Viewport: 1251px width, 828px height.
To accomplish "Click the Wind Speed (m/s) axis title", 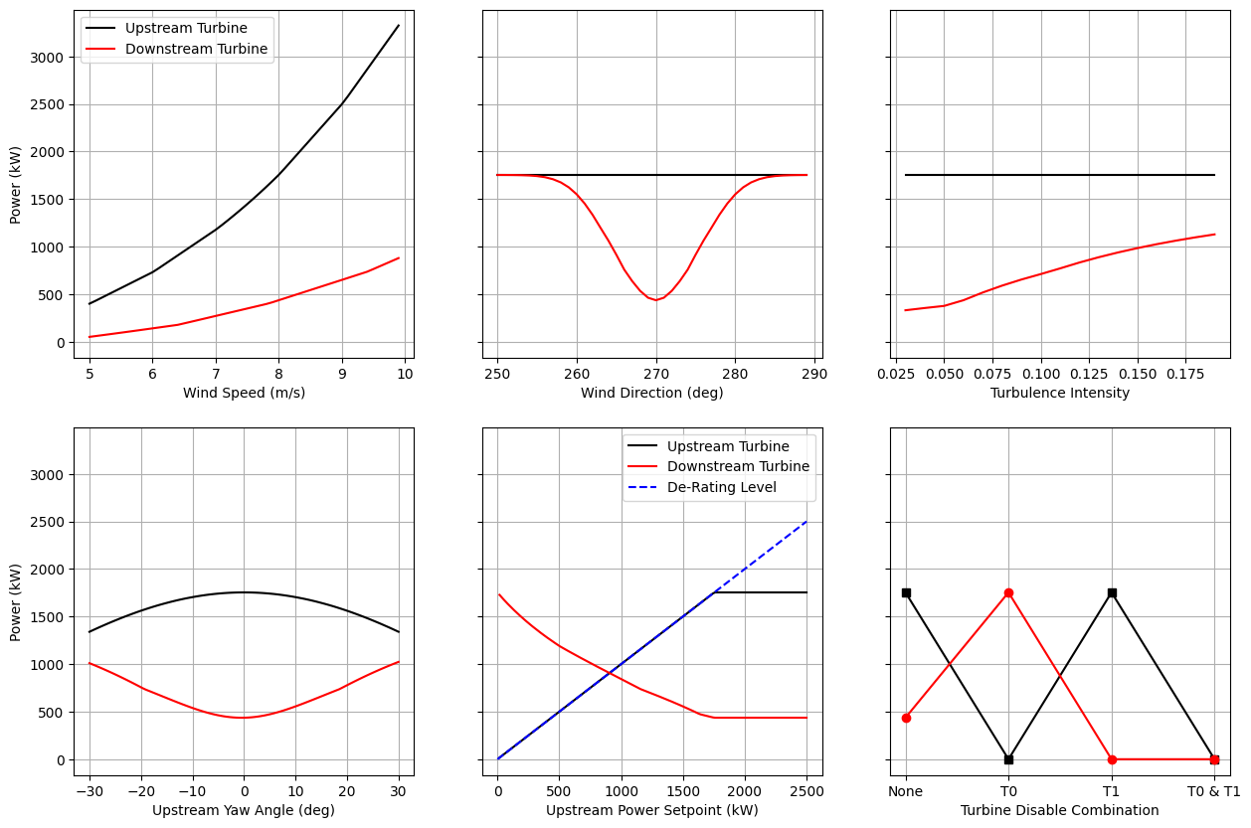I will (x=244, y=393).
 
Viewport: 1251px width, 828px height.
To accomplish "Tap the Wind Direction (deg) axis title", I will (x=652, y=393).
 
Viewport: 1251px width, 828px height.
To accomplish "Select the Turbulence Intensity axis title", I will (x=1060, y=393).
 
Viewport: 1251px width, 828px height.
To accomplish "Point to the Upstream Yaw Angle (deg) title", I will (x=244, y=810).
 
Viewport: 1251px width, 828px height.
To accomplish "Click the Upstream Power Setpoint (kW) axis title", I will (x=652, y=810).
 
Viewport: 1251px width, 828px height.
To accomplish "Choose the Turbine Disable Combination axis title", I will (x=1060, y=810).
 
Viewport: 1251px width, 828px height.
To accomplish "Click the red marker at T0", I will (x=1008, y=592).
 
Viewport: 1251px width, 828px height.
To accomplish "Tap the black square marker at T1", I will (x=1112, y=592).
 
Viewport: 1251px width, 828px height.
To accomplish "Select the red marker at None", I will (x=906, y=718).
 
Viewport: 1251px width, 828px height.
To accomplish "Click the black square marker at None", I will (x=906, y=592).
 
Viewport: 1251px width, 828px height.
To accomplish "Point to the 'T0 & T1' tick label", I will (x=1214, y=791).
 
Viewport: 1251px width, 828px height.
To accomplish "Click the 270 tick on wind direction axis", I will (x=655, y=374).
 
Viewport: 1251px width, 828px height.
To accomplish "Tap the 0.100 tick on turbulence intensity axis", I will (x=1040, y=374).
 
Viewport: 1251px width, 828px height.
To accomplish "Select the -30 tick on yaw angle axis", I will (x=89, y=791).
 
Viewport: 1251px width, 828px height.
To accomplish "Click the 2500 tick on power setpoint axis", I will (x=806, y=791).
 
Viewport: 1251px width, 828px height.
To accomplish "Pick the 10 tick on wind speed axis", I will (x=405, y=374).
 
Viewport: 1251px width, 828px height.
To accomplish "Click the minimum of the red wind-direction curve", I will (x=656, y=300).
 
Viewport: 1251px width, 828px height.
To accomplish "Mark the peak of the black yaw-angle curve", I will (x=244, y=592).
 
